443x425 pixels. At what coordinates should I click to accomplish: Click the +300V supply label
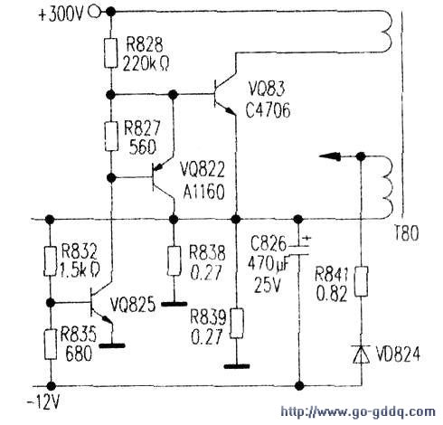61,14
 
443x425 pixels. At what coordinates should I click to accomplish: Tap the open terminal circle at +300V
94,12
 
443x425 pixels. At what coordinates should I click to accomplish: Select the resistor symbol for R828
110,53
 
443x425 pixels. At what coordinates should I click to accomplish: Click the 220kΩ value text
146,64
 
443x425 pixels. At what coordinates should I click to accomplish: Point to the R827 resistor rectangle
111,137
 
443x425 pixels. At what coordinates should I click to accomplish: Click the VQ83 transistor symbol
225,94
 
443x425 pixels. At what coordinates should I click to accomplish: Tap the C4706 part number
269,110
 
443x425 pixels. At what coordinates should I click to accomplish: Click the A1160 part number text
204,192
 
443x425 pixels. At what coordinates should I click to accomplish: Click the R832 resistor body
51,261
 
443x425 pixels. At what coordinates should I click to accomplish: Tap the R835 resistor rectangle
51,345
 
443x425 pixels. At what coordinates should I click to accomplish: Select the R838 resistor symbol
174,260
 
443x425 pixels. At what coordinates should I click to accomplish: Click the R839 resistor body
237,323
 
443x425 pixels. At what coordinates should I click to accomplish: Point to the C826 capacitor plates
298,250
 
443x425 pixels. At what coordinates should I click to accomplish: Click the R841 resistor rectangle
361,281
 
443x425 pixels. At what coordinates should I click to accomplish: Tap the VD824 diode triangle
361,354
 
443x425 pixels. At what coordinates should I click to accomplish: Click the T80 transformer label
406,233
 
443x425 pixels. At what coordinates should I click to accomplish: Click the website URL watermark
358,412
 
